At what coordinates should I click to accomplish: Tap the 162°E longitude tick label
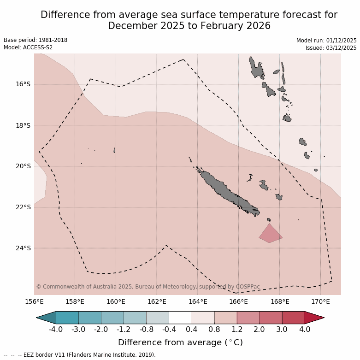pos(157,302)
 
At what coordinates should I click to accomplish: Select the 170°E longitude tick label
pos(320,302)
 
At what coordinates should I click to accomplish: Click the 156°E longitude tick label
pos(34,302)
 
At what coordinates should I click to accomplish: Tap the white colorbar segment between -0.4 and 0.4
pos(180,318)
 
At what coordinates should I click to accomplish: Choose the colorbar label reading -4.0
pos(56,330)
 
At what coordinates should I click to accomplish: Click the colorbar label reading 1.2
pos(237,330)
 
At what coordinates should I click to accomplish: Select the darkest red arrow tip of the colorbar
pos(314,318)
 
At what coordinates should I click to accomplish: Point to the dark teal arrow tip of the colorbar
pos(46,318)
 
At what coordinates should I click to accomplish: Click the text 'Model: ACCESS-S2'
pos(28,47)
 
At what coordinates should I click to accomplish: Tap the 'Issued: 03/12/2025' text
pos(331,48)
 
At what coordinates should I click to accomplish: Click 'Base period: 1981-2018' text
pos(35,40)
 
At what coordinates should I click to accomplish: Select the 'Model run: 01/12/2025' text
pos(326,41)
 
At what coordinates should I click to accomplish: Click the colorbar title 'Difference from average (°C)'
pos(180,342)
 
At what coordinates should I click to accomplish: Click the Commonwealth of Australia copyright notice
pos(148,287)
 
